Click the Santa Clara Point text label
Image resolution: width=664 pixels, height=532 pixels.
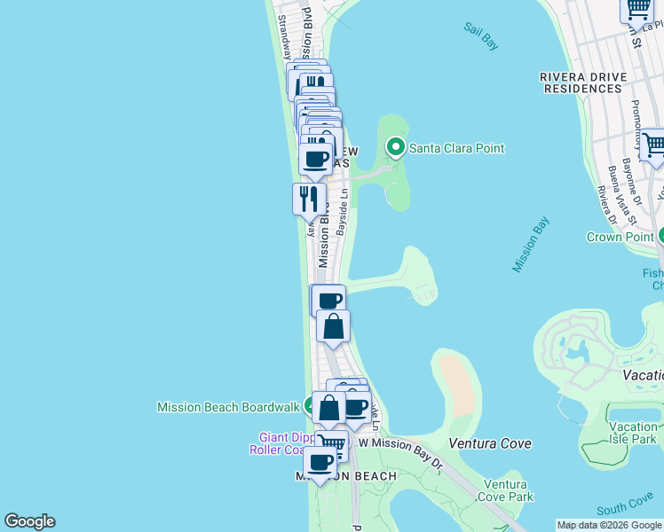(x=456, y=149)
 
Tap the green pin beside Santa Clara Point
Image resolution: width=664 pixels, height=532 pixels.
(x=396, y=148)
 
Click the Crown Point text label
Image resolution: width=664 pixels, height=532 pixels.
(x=620, y=237)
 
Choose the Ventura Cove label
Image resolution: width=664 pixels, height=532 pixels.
(x=490, y=443)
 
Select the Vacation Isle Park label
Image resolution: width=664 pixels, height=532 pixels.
(x=634, y=433)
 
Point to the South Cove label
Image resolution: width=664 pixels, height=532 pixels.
(x=624, y=506)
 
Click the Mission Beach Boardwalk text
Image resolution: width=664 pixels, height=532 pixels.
(x=228, y=408)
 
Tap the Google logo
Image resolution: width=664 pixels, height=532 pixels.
(x=29, y=521)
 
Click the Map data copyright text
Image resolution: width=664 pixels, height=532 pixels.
(x=609, y=525)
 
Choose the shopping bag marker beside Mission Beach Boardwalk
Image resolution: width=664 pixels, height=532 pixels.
(x=328, y=409)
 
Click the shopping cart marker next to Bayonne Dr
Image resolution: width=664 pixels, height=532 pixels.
(x=652, y=145)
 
